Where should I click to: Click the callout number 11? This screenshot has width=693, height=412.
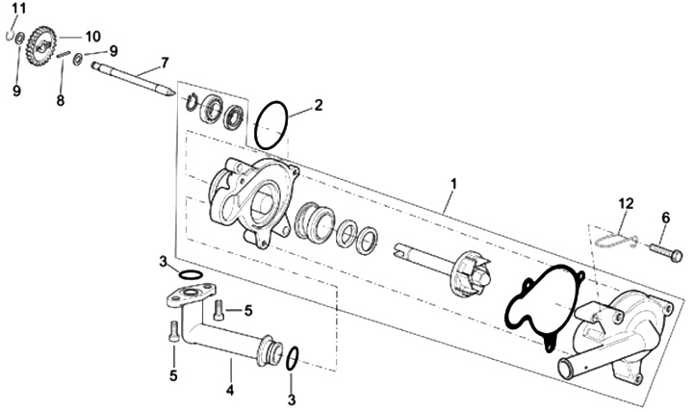click(x=19, y=8)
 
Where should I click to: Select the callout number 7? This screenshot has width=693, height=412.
click(x=165, y=63)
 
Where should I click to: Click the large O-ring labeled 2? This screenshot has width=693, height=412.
click(x=270, y=125)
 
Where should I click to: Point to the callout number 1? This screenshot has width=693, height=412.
click(x=453, y=184)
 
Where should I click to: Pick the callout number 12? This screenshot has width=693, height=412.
click(x=626, y=204)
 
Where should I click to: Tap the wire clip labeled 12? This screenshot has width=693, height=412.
click(x=614, y=240)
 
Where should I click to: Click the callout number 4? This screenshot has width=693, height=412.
click(x=230, y=390)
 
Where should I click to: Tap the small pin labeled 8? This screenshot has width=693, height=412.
click(x=64, y=54)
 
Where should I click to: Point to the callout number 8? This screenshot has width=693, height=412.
click(x=61, y=101)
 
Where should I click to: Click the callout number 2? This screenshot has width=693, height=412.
click(x=319, y=105)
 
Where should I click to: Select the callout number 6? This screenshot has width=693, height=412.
click(x=666, y=218)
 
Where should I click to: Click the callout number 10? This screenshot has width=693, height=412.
click(x=92, y=37)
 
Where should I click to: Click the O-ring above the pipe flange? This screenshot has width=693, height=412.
click(x=191, y=275)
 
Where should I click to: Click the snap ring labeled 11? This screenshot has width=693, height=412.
click(x=9, y=36)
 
